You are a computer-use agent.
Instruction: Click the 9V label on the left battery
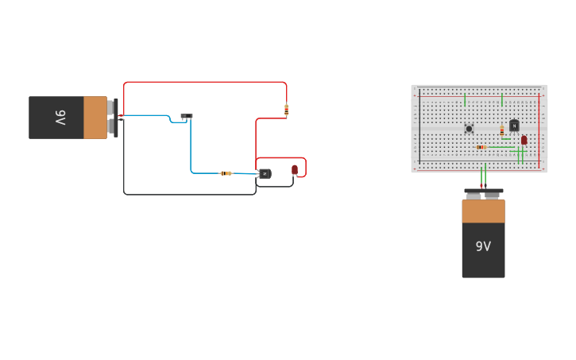pos(60,118)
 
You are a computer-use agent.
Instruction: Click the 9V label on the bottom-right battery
pos(483,246)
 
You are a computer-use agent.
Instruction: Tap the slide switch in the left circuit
pos(187,117)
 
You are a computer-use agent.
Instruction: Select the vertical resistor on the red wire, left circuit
pos(286,110)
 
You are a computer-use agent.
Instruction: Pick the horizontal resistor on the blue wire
pos(226,173)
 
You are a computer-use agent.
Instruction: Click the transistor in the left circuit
pos(265,173)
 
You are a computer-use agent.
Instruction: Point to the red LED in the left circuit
pos(295,169)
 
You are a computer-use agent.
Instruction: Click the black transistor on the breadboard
pos(514,125)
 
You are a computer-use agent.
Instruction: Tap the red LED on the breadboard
pos(524,140)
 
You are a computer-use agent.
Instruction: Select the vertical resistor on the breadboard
pos(501,130)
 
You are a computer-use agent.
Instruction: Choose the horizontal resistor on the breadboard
pos(481,147)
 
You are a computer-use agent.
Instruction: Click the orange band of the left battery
pos(95,118)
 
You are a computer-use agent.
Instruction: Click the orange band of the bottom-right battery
pos(483,211)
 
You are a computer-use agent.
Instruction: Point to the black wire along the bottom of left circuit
pos(191,194)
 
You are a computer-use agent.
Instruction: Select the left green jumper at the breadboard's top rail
pos(465,100)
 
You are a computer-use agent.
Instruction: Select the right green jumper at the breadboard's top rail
pos(502,100)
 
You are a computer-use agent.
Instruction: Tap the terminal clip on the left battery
pos(116,118)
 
